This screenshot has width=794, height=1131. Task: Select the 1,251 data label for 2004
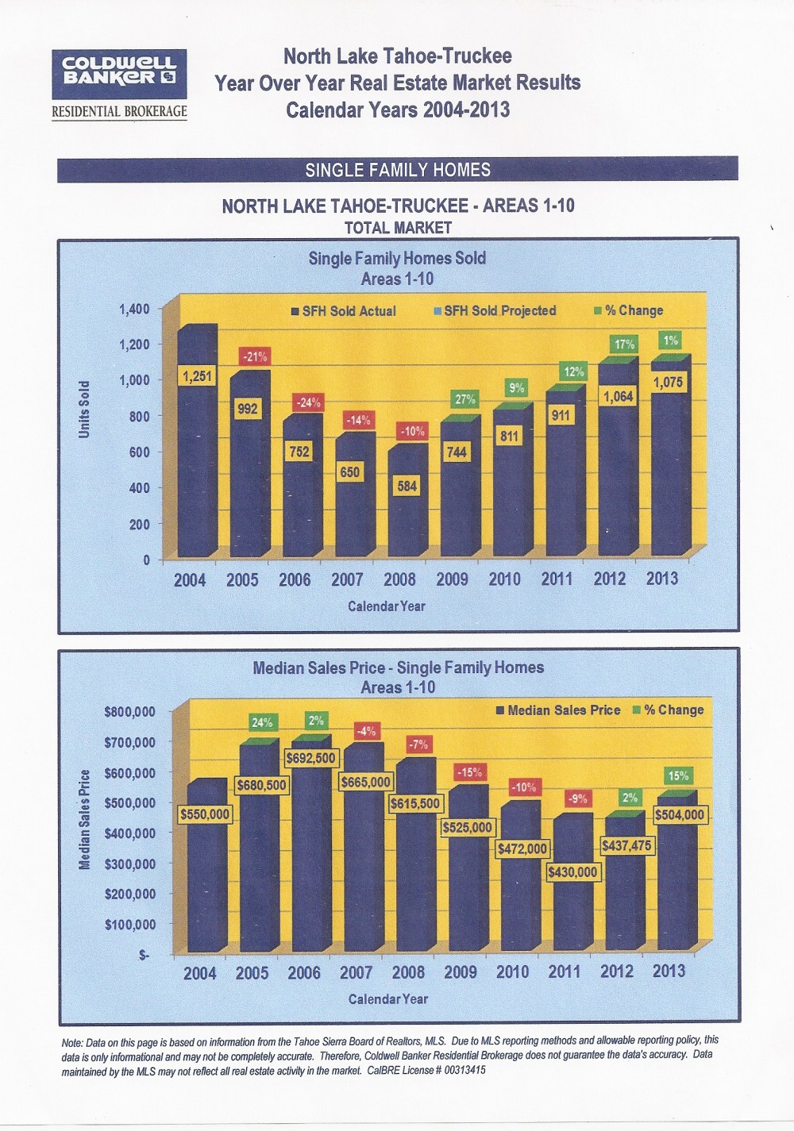click(197, 375)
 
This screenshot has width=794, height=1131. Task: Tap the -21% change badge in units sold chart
click(254, 357)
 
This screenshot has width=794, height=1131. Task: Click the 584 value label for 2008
click(407, 486)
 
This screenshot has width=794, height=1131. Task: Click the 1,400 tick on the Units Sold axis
click(134, 309)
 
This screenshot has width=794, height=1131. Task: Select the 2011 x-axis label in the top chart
click(557, 579)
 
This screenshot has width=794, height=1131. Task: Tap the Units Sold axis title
click(84, 409)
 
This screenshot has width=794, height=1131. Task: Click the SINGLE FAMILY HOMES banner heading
click(398, 170)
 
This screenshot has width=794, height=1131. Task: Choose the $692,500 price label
click(311, 758)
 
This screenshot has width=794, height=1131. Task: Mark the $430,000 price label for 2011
click(572, 871)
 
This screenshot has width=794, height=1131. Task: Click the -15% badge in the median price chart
click(469, 771)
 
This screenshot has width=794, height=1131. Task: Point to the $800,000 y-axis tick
click(129, 712)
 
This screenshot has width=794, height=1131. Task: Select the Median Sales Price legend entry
click(557, 710)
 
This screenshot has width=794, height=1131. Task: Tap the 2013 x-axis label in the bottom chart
click(669, 971)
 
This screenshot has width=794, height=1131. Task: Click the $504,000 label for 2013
click(680, 814)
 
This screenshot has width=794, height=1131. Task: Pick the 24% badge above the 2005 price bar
click(262, 722)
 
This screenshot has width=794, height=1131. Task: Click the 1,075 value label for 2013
click(668, 383)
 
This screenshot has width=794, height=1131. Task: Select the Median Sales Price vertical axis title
click(84, 819)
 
